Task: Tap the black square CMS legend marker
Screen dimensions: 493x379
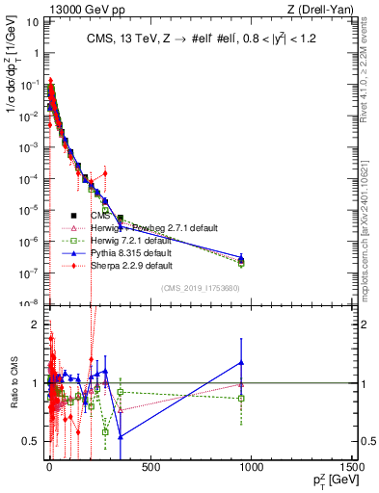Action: (73, 215)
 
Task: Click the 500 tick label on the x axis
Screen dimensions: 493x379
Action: (149, 470)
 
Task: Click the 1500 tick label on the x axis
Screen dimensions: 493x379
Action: (352, 470)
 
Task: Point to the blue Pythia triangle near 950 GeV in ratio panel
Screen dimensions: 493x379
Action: (241, 362)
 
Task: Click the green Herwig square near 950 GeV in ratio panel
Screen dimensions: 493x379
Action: (241, 398)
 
